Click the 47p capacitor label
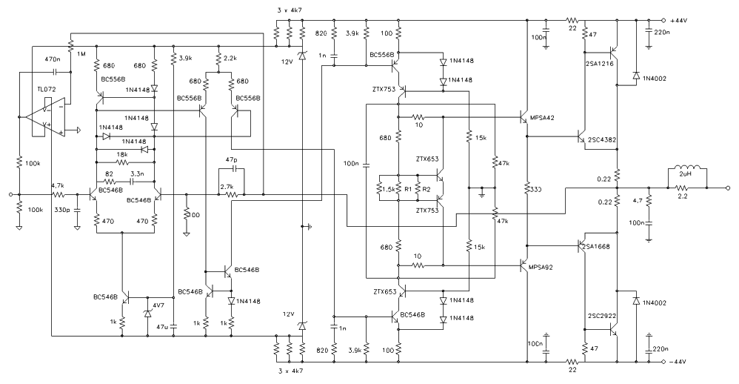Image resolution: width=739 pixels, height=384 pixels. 230,159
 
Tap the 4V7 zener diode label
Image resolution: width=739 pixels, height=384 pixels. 158,305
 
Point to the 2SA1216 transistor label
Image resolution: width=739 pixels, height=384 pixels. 599,64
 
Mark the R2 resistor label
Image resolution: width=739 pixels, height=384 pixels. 426,189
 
